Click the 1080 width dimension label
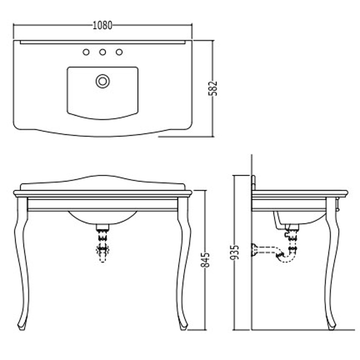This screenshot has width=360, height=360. (102, 25)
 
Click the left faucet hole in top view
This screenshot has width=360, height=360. (86, 52)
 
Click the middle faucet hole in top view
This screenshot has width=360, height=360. (102, 52)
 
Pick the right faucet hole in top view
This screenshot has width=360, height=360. (119, 52)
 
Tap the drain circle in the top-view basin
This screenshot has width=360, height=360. (103, 80)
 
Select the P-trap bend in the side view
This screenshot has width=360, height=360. (280, 254)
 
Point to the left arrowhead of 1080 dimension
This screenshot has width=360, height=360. (14, 25)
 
